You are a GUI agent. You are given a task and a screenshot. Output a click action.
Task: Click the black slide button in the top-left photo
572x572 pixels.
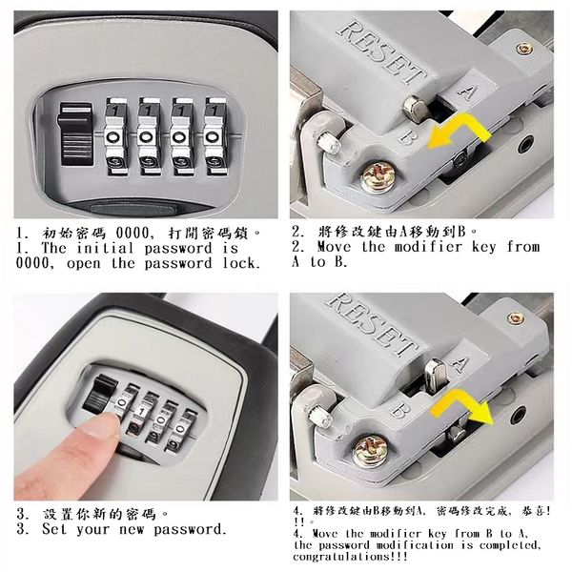point(74,134)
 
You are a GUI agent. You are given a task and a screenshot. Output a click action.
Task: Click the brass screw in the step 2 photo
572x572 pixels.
point(378,178)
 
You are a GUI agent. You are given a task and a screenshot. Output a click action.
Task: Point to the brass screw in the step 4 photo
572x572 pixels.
point(370,451)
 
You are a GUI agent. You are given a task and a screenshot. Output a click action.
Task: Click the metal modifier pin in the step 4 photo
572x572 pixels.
point(435,377)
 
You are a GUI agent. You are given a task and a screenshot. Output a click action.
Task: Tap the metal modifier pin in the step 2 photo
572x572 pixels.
point(416,109)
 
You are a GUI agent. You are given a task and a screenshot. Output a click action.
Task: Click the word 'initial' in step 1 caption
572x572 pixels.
point(105,249)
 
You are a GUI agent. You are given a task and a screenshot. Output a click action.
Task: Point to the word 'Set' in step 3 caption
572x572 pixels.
point(54,529)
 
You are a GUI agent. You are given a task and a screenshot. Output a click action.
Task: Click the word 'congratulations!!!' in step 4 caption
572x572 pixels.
point(350,557)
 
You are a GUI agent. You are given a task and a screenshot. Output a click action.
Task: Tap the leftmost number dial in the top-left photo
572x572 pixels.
point(116,136)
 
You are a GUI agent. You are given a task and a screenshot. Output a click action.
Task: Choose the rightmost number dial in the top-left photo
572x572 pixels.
point(214,136)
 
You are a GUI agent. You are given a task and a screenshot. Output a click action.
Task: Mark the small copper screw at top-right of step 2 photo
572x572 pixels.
point(523,49)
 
